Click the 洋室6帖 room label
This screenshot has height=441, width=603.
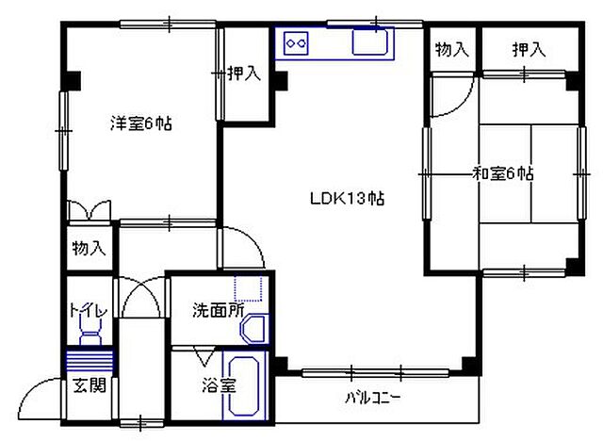[141, 123]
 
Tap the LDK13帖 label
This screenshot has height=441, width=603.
[348, 199]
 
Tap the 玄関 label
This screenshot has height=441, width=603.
[91, 384]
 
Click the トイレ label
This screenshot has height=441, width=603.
[88, 311]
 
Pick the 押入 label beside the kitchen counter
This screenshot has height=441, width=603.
[243, 73]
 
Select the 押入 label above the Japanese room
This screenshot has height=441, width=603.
[529, 49]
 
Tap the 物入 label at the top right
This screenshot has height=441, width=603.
[451, 49]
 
